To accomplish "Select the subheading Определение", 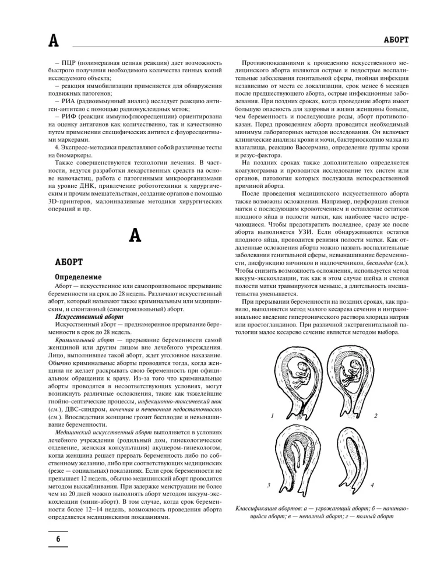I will [x=78, y=276].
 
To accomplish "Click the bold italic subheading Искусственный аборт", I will [x=79, y=315].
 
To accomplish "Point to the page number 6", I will [x=58, y=539].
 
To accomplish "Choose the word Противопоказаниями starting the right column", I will [x=277, y=62].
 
